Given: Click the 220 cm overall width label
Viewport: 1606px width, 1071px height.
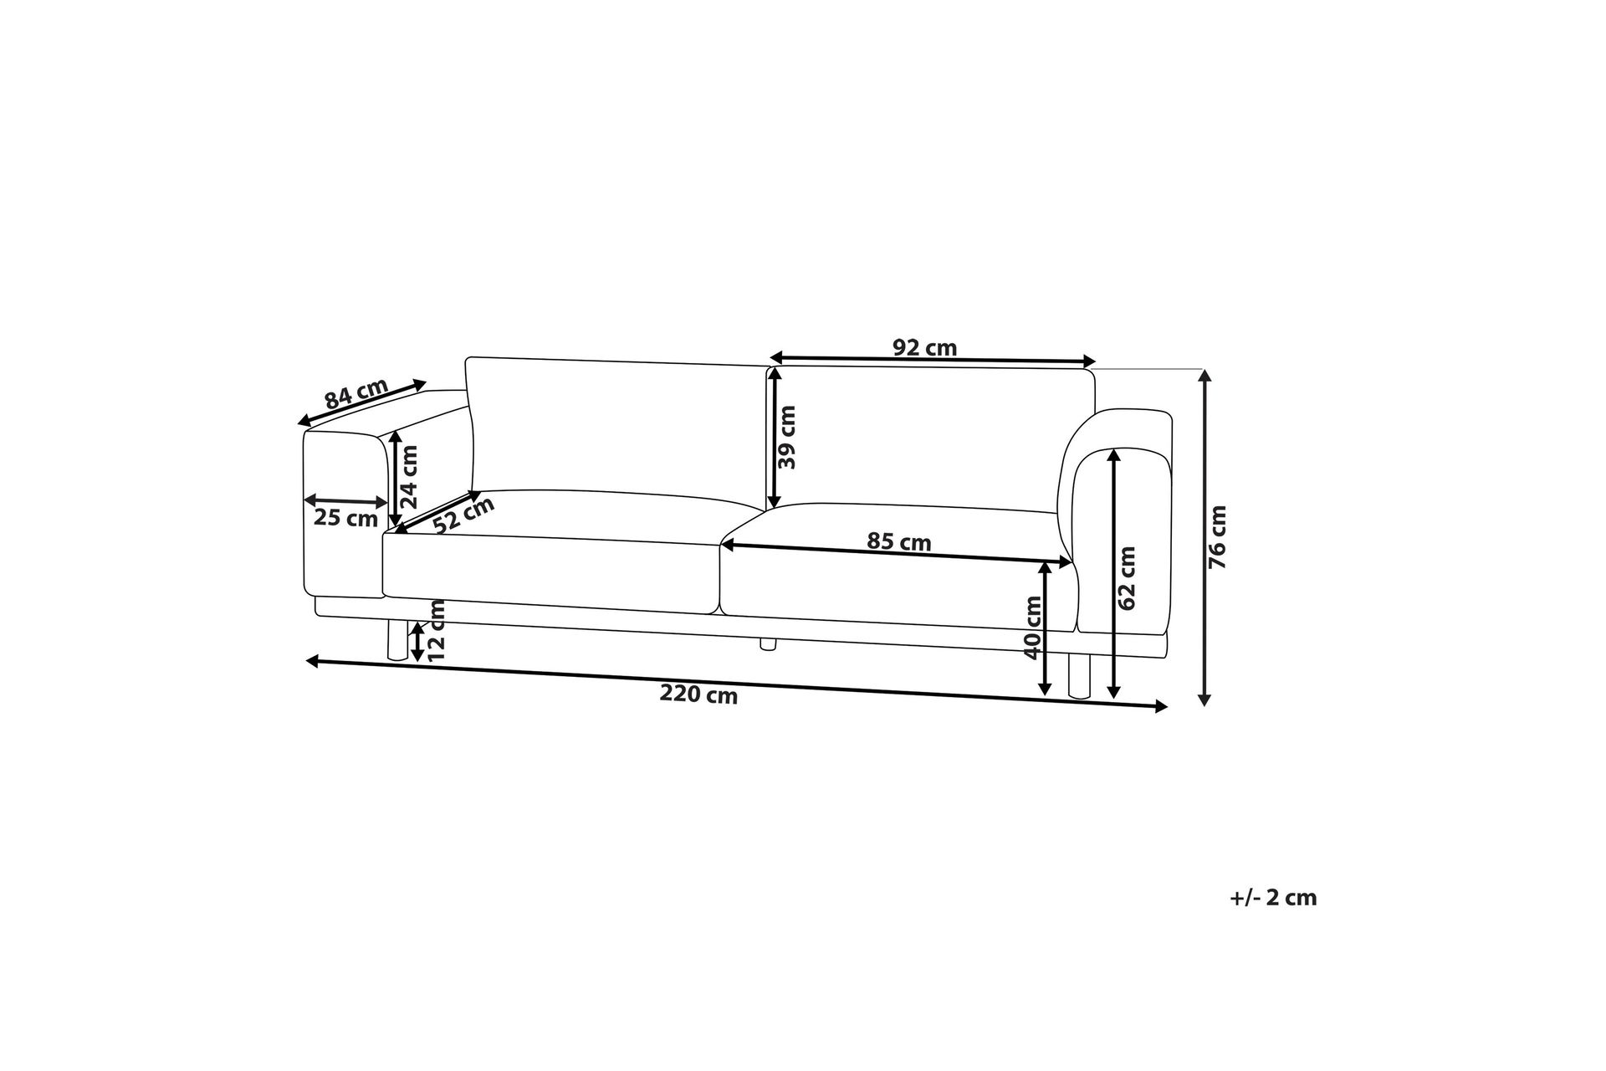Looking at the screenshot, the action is click(x=698, y=694).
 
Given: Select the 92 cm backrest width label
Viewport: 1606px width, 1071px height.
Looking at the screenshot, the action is click(x=924, y=347).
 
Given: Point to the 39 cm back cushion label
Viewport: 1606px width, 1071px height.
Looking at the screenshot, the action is click(x=786, y=437).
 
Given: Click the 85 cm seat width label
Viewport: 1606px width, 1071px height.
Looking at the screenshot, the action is click(x=898, y=542).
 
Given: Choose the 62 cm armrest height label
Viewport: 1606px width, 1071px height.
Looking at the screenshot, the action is click(x=1127, y=577).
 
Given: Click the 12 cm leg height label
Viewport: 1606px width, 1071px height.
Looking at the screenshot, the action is click(x=436, y=632).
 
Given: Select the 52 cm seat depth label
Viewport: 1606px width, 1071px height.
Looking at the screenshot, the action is click(x=464, y=515).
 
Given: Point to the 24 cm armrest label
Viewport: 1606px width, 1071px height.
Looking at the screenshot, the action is click(x=408, y=477).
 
